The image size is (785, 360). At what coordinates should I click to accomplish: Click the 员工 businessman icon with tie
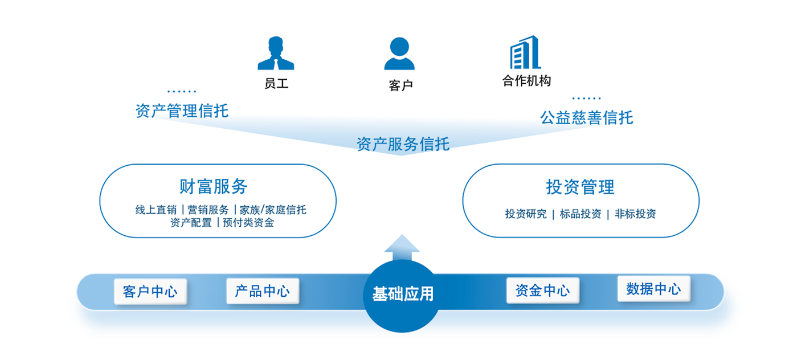pos(276,53)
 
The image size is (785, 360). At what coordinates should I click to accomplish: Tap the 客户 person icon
pos(399,54)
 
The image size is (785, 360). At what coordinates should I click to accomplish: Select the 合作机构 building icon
pos(525,52)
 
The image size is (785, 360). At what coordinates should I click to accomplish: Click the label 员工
pos(276,83)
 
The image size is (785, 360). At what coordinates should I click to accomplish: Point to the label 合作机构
pos(526,81)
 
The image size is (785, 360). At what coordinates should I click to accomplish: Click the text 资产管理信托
pos(182,111)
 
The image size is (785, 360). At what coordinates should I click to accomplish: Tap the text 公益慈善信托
pos(587,117)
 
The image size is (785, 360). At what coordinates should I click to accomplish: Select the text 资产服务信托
pos(403,144)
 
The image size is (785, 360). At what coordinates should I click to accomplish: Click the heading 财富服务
pos(214,186)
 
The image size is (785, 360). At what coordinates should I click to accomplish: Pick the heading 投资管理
pos(580,187)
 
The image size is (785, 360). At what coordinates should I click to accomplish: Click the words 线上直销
pos(156,210)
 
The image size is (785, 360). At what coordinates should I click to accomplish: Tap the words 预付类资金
pos(248,222)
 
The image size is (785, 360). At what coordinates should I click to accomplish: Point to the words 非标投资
pos(635,214)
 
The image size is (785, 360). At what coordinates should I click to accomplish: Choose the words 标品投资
pos(580,214)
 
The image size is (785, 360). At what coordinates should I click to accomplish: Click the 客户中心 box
pos(150,291)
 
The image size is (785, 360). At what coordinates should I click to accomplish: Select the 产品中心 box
pos(263,291)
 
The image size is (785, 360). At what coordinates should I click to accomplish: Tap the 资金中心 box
pos(542,291)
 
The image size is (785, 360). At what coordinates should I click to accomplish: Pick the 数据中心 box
pos(654,289)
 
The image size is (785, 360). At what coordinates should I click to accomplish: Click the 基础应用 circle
pos(402,296)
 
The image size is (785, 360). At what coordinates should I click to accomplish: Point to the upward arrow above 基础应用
pos(402,247)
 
